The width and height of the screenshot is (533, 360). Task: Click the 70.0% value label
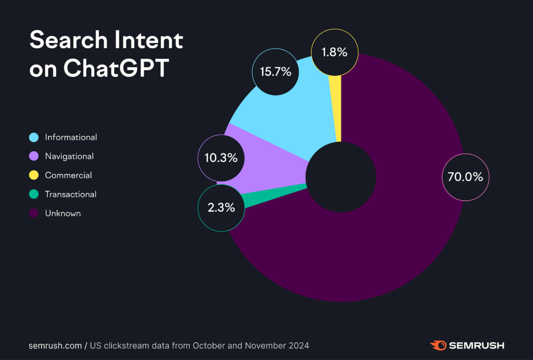(x=465, y=177)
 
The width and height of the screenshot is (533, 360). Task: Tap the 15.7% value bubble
(x=275, y=72)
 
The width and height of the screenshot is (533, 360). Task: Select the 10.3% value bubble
(x=221, y=158)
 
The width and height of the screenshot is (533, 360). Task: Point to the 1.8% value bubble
(x=335, y=52)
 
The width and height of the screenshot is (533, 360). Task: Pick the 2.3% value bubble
(x=221, y=207)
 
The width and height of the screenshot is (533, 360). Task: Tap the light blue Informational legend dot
(x=34, y=138)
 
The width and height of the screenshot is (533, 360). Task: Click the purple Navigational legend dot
(x=34, y=156)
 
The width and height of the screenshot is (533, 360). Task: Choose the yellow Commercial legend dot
(x=34, y=176)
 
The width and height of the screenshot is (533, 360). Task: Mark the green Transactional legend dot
(x=34, y=194)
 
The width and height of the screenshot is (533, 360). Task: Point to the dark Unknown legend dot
(x=34, y=214)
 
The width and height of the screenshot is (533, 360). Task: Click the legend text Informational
(x=71, y=138)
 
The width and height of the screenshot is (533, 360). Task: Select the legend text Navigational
(x=69, y=156)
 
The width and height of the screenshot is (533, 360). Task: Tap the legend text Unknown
(x=63, y=214)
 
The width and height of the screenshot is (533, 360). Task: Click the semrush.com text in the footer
(x=55, y=345)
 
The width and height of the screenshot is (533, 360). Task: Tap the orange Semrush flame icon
(x=438, y=345)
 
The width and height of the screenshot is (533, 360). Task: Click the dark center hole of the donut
(x=340, y=177)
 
